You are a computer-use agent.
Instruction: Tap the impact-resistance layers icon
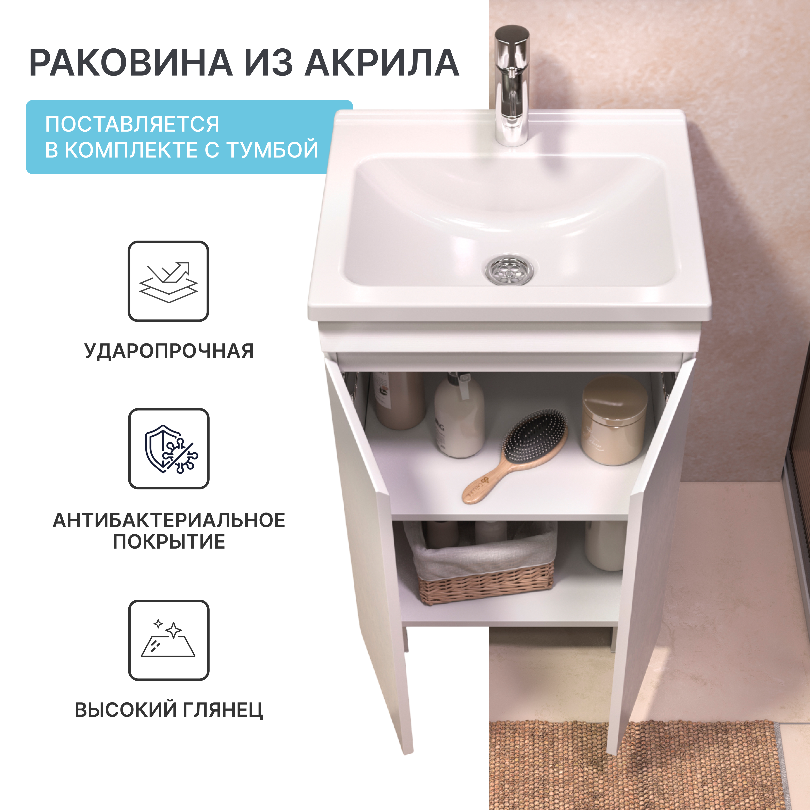pos(168,281)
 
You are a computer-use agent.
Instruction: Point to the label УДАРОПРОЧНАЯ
pos(169,351)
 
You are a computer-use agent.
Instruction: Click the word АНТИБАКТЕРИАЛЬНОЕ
pos(169,520)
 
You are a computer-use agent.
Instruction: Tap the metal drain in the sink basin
pos(512,270)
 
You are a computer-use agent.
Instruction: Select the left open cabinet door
pos(369,545)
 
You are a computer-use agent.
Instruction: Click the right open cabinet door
pos(646,545)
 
